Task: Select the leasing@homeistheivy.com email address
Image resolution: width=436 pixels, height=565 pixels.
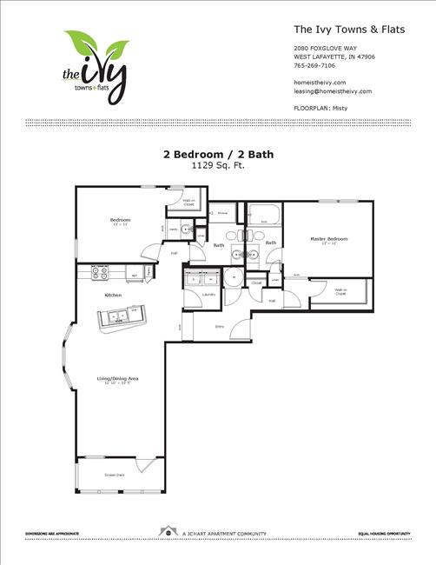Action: tap(333, 90)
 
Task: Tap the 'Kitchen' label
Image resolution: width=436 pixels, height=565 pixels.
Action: tap(114, 296)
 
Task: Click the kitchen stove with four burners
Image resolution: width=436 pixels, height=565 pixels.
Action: tap(99, 272)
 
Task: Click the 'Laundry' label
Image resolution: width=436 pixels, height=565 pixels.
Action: tap(208, 295)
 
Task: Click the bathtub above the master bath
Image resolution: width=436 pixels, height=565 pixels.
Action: tap(263, 214)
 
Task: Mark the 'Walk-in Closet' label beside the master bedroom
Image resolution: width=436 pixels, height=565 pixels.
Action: tap(340, 291)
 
